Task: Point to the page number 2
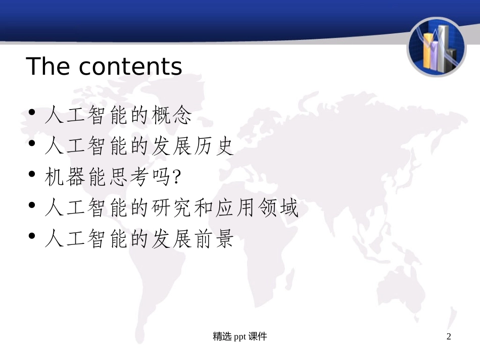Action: pyautogui.click(x=449, y=337)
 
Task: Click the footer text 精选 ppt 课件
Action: pyautogui.click(x=240, y=337)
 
